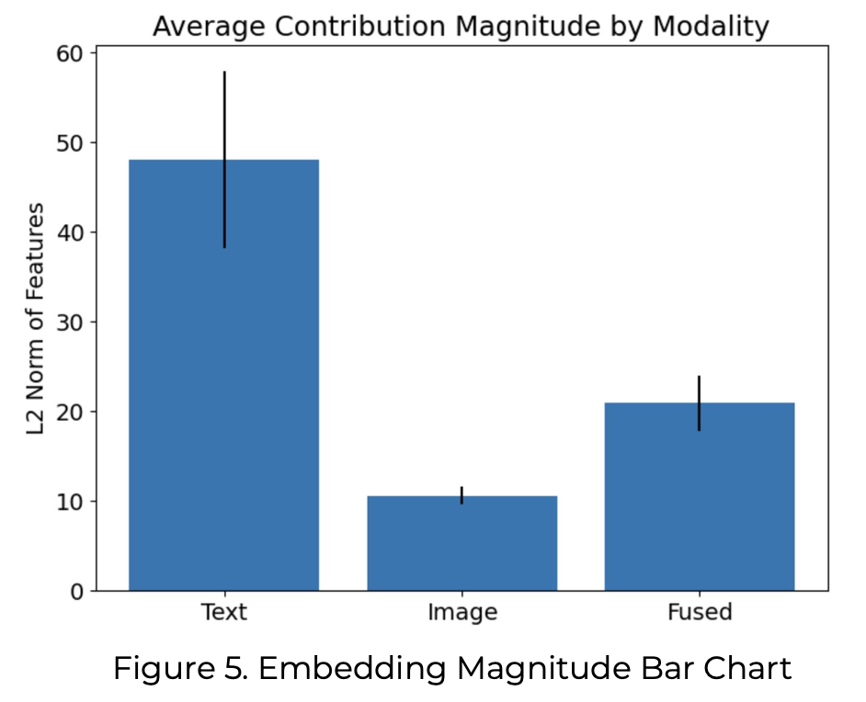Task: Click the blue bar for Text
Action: [x=223, y=386]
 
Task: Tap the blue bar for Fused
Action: [x=700, y=501]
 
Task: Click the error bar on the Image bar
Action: [x=461, y=495]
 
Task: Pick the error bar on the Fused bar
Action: [x=700, y=402]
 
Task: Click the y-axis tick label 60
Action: [x=71, y=53]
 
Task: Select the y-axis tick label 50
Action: [x=71, y=143]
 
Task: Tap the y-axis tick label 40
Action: [x=71, y=232]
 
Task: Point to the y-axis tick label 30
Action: [x=71, y=323]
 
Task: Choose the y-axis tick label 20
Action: [x=71, y=412]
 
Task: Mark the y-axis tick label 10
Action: [x=71, y=502]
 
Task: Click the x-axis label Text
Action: [x=223, y=612]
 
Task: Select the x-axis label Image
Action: [x=461, y=612]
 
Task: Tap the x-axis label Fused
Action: [x=700, y=612]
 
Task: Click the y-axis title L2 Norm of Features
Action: [x=36, y=321]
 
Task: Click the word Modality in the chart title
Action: [x=710, y=27]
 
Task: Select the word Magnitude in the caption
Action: [x=516, y=668]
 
